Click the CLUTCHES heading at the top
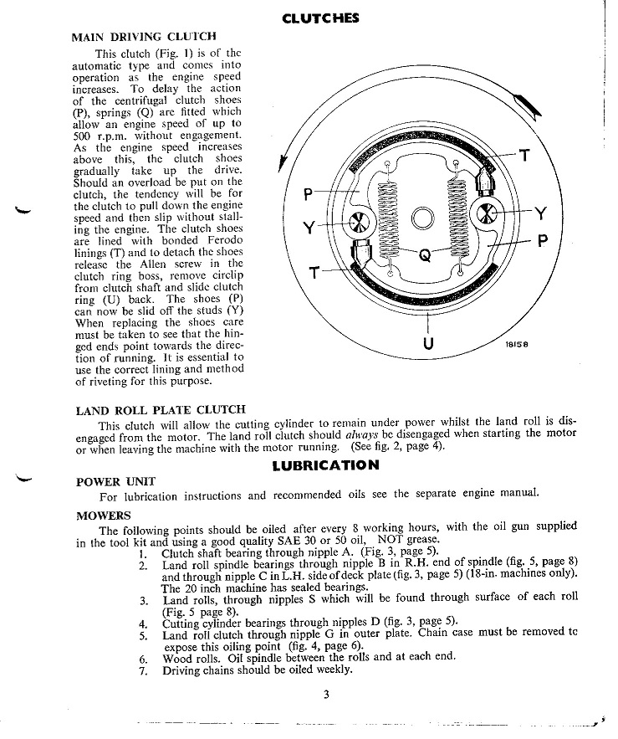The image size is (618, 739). click(x=321, y=18)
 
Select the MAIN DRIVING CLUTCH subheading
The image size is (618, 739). click(x=144, y=37)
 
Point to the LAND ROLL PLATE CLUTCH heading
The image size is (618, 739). click(x=161, y=410)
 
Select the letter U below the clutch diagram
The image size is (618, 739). click(x=428, y=345)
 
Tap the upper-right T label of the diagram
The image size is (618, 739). click(x=524, y=156)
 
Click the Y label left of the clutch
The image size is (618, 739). click(x=309, y=227)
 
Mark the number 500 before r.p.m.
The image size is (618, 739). click(x=82, y=135)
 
